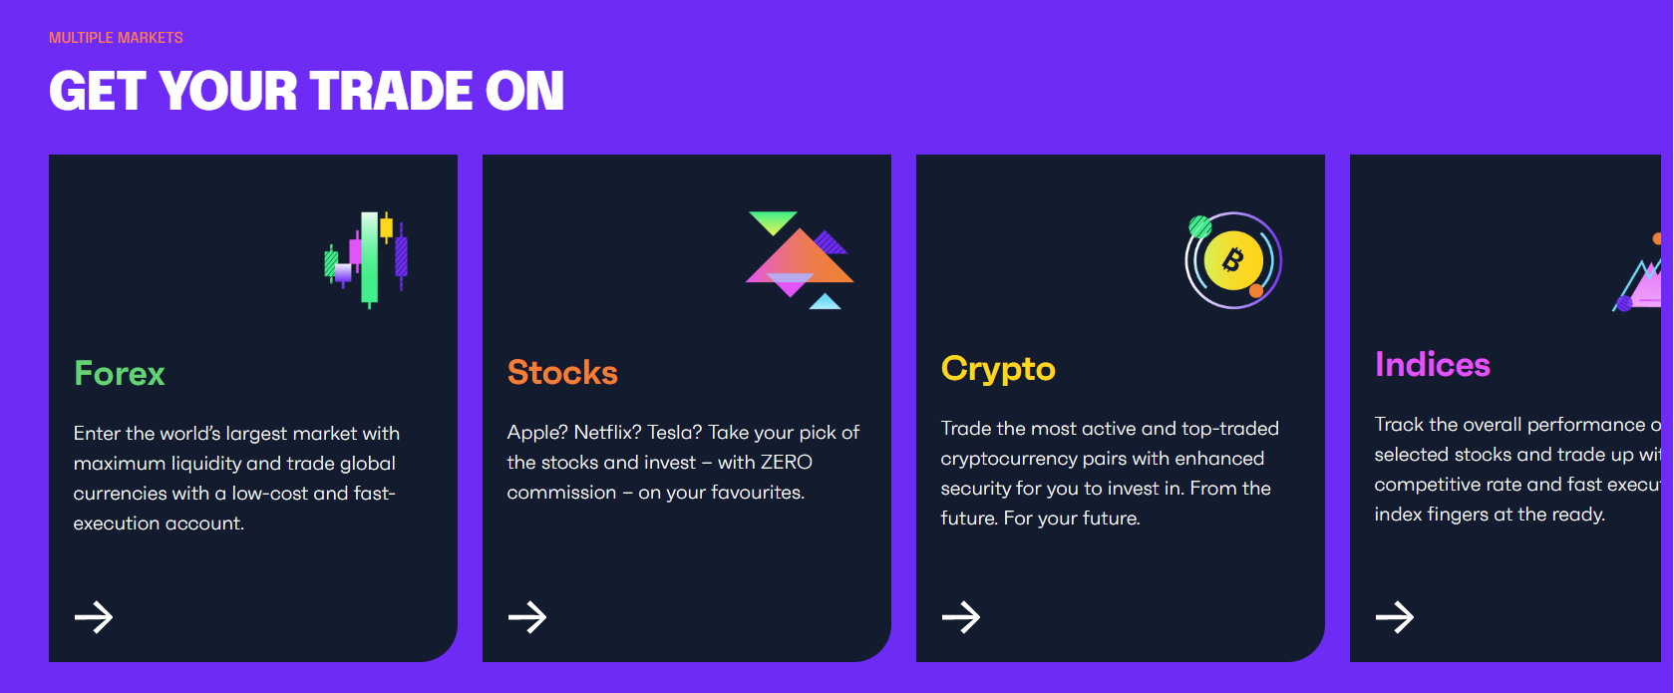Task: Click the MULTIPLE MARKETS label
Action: point(116,38)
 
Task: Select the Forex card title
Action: point(120,373)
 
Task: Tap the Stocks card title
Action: point(562,372)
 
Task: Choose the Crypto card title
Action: point(998,369)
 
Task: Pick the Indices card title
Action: point(1432,365)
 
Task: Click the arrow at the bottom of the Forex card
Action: point(94,617)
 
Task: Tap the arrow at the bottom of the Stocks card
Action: point(527,617)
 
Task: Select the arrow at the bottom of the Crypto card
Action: point(961,617)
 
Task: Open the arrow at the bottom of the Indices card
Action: point(1395,617)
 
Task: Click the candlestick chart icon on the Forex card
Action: point(367,258)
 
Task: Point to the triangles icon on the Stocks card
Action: point(800,260)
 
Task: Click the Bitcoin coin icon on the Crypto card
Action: point(1233,261)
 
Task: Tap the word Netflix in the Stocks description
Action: point(606,433)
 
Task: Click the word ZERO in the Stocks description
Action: point(786,463)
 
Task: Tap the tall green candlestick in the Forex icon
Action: point(369,257)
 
